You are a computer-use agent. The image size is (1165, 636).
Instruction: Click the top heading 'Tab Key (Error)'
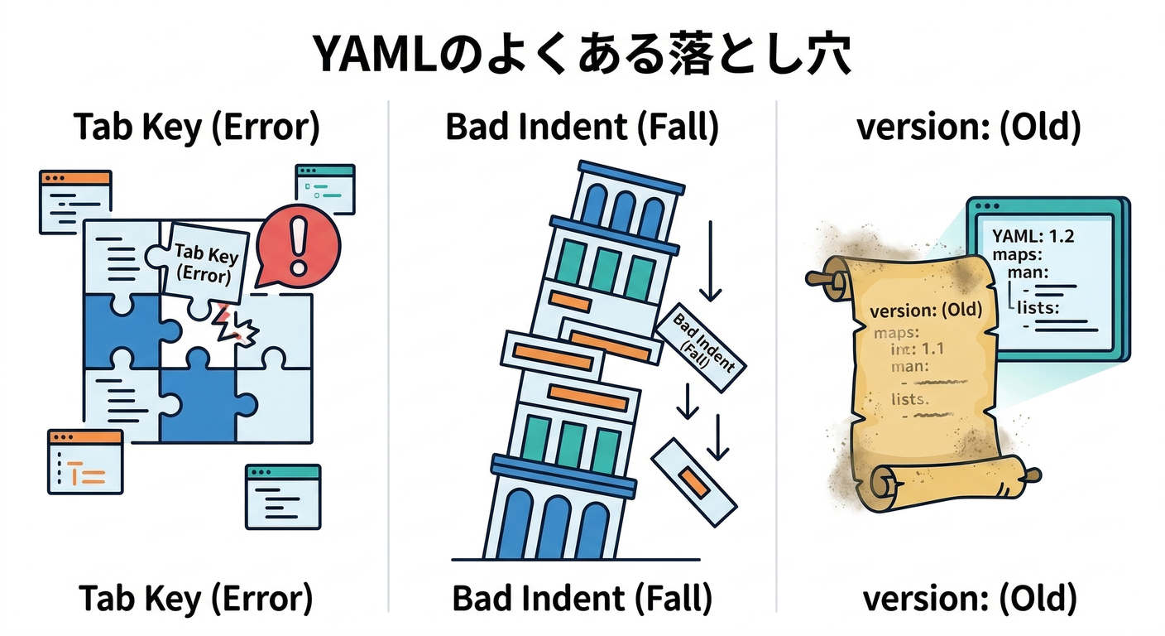196,128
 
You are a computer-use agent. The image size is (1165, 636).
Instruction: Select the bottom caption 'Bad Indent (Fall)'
582,598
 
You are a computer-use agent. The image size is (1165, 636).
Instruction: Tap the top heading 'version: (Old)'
968,128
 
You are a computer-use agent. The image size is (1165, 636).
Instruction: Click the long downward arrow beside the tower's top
710,261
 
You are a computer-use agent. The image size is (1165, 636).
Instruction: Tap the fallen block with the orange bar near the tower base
693,481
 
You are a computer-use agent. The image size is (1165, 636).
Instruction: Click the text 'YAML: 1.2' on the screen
1033,237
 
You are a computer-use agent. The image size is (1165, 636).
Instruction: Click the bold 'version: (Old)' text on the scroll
928,311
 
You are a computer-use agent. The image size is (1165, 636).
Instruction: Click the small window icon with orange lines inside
85,462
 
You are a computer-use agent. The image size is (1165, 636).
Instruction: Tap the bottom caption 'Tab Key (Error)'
196,598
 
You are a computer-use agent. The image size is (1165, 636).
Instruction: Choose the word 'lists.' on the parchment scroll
910,399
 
